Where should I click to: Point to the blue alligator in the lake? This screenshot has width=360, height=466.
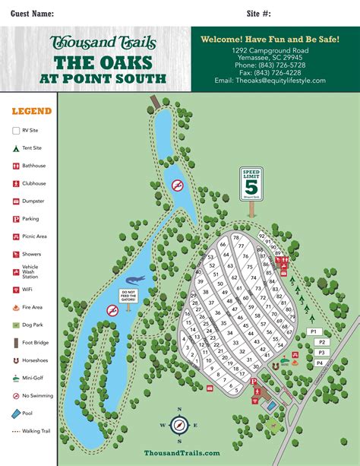coord(132,281)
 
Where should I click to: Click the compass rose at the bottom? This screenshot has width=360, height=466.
coord(180,425)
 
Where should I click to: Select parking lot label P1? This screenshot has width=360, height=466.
coord(314,332)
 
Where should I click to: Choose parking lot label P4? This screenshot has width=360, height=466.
coord(319,363)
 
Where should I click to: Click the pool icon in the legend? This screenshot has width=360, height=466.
coord(16,413)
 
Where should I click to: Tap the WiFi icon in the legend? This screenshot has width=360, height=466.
coord(16,290)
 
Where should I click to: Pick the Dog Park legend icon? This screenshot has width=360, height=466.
coord(16,325)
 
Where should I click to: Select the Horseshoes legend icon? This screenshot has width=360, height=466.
coord(16,360)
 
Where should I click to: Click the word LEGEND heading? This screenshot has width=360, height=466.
coord(32,111)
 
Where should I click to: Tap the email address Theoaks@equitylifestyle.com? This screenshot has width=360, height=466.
coord(270,81)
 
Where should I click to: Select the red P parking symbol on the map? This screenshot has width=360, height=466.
coord(254,382)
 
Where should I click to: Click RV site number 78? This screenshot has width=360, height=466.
coord(236,238)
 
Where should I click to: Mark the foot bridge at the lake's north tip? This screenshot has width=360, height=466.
coord(155,100)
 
